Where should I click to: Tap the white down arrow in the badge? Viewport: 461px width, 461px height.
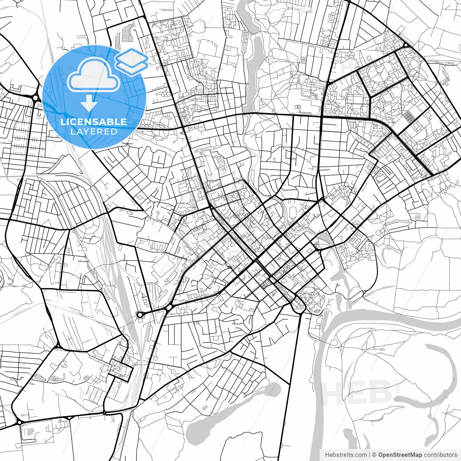(89, 104)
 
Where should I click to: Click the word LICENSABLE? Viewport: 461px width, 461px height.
(94, 122)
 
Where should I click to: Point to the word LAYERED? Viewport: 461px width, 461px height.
(94, 131)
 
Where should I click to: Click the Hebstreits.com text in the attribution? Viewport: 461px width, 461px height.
(346, 455)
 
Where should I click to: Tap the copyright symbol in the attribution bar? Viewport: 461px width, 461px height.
(374, 455)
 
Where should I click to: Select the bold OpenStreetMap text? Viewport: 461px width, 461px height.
(400, 455)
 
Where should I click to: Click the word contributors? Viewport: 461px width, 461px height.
(440, 455)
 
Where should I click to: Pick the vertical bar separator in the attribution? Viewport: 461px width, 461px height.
(370, 455)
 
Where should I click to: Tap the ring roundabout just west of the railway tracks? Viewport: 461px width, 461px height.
(140, 315)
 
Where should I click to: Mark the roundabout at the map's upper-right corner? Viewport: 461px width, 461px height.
(406, 45)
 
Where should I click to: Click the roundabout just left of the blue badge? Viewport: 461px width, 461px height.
(36, 98)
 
